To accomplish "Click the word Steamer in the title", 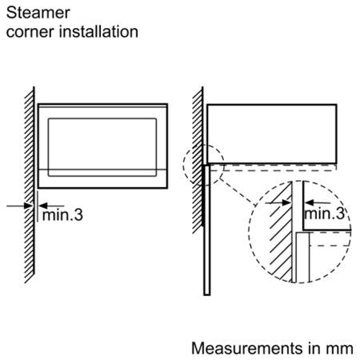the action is (38, 13).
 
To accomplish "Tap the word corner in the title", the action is (30, 32).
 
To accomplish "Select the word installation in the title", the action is (98, 31).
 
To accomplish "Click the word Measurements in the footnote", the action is (247, 348).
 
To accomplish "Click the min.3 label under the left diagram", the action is (62, 215).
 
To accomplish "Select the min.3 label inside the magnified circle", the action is (324, 214).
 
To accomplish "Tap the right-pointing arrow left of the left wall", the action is (19, 206).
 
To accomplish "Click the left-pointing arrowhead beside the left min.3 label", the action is (43, 206).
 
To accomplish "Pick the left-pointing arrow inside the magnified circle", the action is (318, 203).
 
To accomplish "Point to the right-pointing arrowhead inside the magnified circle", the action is (286, 203).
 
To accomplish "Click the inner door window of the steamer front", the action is (102, 147).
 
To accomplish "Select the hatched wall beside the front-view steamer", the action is (30, 185).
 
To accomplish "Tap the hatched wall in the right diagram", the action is (198, 161).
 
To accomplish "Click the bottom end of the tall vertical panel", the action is (207, 295).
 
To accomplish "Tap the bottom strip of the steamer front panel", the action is (103, 178).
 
